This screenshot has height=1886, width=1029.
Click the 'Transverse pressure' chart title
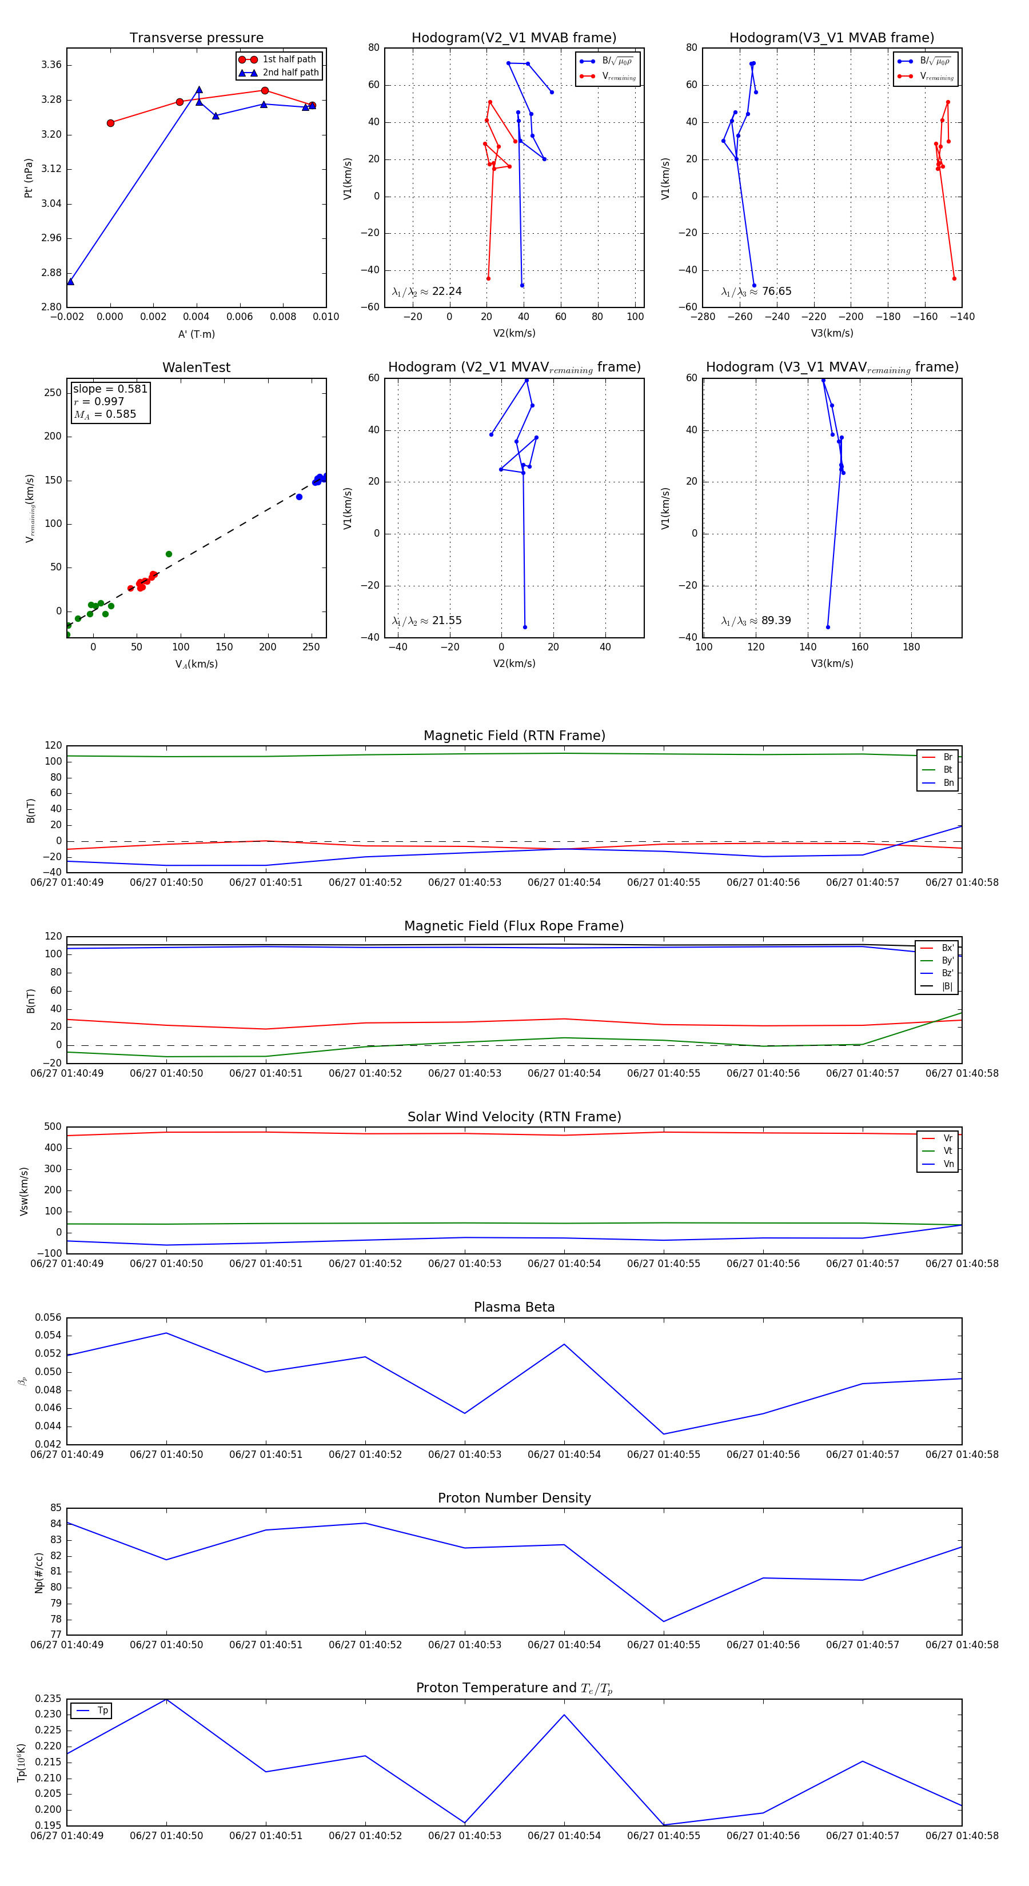pos(196,38)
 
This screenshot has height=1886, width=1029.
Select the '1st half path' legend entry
pos(289,59)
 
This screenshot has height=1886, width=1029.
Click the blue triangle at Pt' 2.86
pos(70,281)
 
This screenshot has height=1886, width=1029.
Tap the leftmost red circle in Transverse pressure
pos(110,123)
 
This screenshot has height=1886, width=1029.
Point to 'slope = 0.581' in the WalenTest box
pos(110,389)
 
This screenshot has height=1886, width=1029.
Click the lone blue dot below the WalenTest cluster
pos(299,497)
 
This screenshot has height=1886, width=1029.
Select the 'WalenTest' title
pos(196,367)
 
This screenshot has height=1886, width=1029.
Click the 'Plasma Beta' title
pos(514,1307)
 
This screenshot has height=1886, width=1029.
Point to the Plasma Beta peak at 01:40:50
pos(166,1333)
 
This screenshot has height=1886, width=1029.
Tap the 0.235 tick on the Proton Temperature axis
pos(49,1699)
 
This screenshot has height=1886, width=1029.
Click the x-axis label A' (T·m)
pos(196,334)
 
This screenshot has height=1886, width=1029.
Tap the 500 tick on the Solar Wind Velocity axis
pos(53,1127)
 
